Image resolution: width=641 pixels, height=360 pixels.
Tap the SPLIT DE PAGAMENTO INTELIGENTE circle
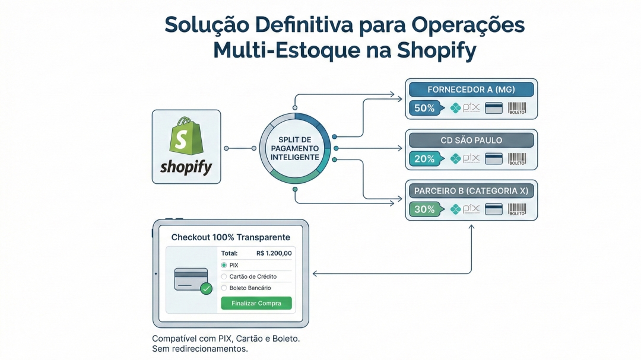click(294, 148)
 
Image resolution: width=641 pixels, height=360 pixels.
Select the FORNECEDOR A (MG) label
click(471, 90)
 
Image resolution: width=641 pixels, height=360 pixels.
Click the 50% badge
click(424, 109)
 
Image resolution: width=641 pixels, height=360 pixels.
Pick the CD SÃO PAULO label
click(471, 141)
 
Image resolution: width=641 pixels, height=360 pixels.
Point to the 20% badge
click(424, 159)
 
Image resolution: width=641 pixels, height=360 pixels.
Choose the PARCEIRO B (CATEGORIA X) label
click(471, 191)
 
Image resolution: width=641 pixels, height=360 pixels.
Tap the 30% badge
click(424, 209)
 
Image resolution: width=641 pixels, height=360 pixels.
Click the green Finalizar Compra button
click(256, 303)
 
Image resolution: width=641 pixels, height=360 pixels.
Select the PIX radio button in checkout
click(224, 265)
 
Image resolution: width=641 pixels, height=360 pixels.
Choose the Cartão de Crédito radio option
click(224, 276)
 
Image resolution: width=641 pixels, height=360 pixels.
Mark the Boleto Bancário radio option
click(224, 288)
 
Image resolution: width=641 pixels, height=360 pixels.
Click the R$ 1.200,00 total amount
click(274, 253)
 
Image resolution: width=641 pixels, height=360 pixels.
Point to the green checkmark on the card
click(206, 289)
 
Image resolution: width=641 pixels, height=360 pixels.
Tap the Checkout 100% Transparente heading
click(231, 237)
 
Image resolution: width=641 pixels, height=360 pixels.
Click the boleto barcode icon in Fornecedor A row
click(517, 109)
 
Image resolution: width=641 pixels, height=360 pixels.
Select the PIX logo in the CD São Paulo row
click(465, 159)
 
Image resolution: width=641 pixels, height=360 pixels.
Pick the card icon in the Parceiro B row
click(494, 209)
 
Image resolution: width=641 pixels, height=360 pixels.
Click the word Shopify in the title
click(437, 50)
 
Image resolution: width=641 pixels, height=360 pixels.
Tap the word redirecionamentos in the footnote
click(209, 349)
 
